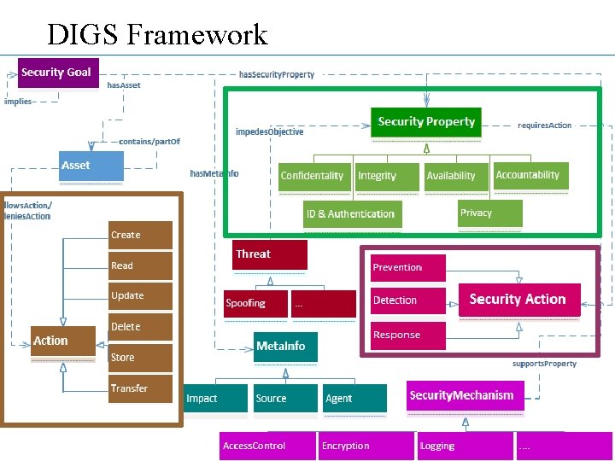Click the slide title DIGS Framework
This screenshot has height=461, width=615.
[x=157, y=34]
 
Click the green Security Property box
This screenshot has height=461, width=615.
[x=426, y=122]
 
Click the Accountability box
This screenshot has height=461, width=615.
[x=530, y=175]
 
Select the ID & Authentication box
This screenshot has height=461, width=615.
[x=353, y=213]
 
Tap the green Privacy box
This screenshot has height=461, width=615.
[x=489, y=213]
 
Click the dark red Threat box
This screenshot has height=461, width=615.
[x=270, y=254]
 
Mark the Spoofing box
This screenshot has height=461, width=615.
[x=255, y=303]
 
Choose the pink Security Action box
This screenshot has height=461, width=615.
[x=519, y=300]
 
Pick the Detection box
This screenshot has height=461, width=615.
[x=407, y=301]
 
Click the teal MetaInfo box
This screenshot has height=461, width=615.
[x=285, y=347]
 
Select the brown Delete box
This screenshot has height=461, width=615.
[x=140, y=327]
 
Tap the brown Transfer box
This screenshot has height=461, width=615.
[x=140, y=388]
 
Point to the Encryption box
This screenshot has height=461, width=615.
[x=366, y=446]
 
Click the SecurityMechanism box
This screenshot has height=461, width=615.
[x=463, y=395]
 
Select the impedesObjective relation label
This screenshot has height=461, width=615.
[x=269, y=132]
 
